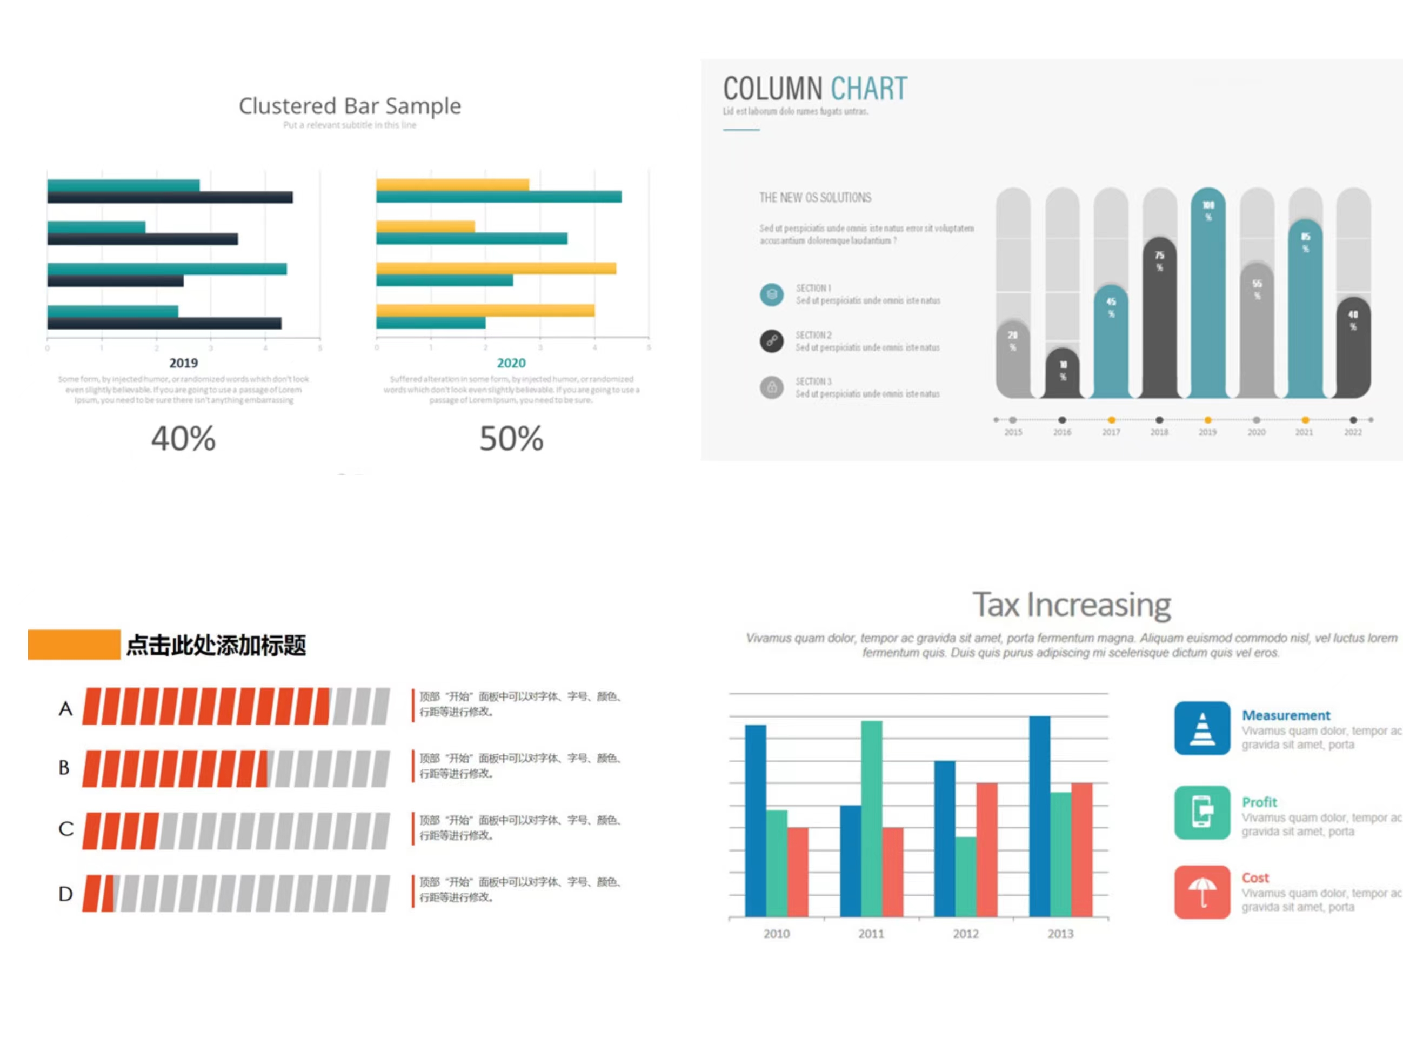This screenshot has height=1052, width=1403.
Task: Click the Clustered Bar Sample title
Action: (x=350, y=106)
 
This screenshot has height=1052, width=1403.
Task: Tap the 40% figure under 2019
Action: (x=183, y=439)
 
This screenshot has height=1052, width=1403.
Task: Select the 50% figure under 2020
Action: (x=511, y=439)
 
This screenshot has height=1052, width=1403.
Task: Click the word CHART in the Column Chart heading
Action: (x=869, y=89)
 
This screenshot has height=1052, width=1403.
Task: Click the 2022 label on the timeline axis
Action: (x=1352, y=432)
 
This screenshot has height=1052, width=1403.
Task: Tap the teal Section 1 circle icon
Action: (x=771, y=295)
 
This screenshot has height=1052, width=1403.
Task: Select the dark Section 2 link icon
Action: (x=771, y=341)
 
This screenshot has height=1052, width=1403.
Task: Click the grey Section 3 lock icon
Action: (x=771, y=387)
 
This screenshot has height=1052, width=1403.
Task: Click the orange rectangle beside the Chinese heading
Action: (x=74, y=644)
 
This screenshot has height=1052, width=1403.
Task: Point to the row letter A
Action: (x=65, y=708)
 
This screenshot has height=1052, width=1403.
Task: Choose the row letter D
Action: (x=65, y=894)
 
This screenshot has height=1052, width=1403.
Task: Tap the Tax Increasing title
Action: (x=1071, y=605)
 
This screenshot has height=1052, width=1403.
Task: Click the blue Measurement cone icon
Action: (x=1201, y=728)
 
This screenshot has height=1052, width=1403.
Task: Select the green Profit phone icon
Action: (x=1201, y=812)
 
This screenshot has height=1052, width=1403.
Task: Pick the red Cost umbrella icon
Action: (x=1201, y=892)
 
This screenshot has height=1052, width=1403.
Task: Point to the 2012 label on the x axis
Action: (x=965, y=934)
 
